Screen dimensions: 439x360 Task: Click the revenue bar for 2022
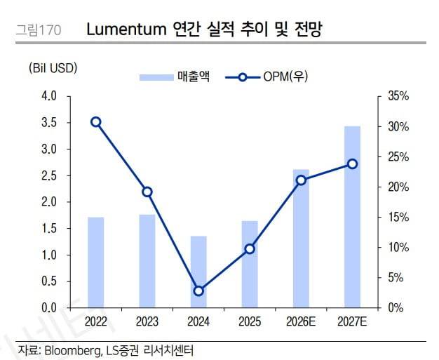[x=96, y=262]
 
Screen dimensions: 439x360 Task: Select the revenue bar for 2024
[x=198, y=272]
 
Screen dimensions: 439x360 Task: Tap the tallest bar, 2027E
[x=352, y=217]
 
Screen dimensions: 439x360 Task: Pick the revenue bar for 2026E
[x=301, y=239]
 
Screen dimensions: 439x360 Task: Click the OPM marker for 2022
[x=96, y=122]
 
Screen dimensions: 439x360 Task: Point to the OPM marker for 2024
[x=198, y=291]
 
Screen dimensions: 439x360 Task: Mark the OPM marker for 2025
[x=250, y=249]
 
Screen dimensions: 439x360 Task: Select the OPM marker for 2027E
[x=353, y=164]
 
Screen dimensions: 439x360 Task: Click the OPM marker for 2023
[x=147, y=192]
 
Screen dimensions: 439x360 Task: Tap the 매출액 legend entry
[x=175, y=76]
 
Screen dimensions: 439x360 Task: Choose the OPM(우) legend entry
[x=266, y=76]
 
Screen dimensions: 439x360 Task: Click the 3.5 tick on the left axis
[x=49, y=123]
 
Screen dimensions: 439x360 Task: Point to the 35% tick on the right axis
[x=398, y=96]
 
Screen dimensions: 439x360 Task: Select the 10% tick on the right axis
[x=398, y=248]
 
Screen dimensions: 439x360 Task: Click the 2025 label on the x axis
[x=250, y=321]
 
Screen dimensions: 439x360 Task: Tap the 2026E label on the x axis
[x=301, y=321]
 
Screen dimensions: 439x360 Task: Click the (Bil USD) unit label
[x=53, y=68]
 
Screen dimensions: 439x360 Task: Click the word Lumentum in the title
[x=126, y=29]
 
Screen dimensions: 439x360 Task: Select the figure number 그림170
[x=39, y=30]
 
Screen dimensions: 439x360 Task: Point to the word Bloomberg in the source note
[x=73, y=350]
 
